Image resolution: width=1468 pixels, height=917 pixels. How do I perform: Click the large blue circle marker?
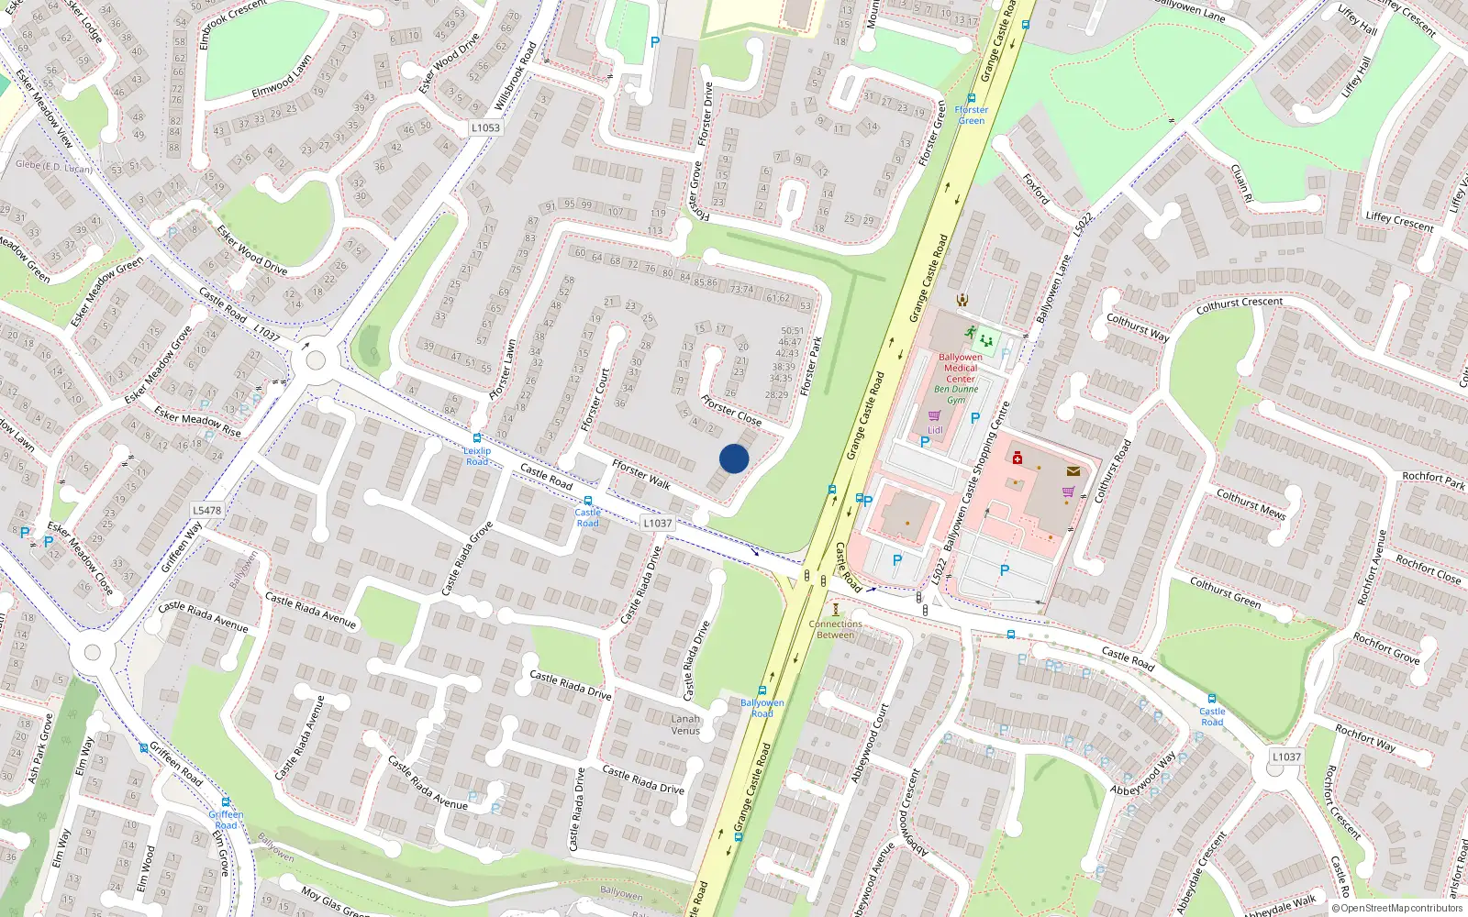[734, 458]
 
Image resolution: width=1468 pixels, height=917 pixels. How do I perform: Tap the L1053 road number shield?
[485, 127]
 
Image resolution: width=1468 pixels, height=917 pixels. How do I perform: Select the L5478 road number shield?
[207, 511]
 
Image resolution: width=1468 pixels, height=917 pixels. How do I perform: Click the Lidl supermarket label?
[935, 429]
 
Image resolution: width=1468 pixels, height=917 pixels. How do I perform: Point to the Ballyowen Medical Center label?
[961, 368]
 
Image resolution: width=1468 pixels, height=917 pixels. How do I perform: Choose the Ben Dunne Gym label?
[956, 394]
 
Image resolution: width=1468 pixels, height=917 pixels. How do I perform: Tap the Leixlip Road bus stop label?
[477, 456]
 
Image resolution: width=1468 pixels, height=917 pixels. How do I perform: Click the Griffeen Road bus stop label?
[226, 819]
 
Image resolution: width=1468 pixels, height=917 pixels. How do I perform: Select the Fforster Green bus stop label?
[971, 115]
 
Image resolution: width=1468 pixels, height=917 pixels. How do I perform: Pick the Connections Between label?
[835, 629]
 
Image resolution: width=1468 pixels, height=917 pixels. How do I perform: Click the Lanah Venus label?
[685, 724]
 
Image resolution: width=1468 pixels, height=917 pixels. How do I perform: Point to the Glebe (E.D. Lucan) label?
[53, 166]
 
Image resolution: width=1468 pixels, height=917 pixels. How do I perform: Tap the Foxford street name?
[1036, 189]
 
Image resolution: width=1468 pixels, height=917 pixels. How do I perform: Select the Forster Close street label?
[731, 410]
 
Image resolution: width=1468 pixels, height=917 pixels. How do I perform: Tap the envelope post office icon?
[1073, 471]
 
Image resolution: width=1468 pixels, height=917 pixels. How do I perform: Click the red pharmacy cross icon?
[1017, 458]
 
